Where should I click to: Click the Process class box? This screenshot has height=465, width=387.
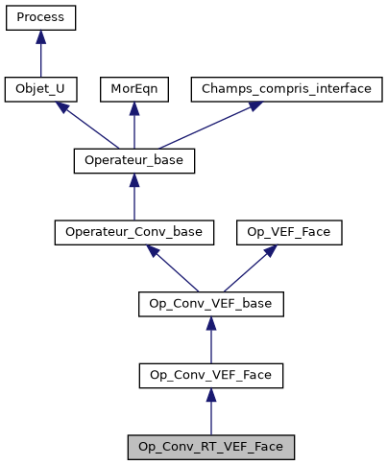coord(40,17)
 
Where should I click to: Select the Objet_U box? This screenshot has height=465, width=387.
coord(40,89)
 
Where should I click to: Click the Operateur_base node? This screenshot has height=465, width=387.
coord(134,161)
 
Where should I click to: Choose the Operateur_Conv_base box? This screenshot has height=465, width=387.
coord(134,232)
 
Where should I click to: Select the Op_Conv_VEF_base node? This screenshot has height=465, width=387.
coord(211,304)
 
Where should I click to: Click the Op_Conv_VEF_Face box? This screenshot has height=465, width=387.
coord(211,376)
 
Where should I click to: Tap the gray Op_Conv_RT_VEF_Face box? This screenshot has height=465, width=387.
coord(211,447)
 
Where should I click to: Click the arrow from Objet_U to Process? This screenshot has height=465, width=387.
coord(40,56)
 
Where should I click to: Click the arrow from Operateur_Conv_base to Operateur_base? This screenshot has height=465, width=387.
coord(134,198)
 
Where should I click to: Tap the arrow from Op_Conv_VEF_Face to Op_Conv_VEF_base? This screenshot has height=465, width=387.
coord(211,341)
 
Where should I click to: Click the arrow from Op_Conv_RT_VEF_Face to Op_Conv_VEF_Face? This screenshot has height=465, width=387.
coord(211,413)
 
